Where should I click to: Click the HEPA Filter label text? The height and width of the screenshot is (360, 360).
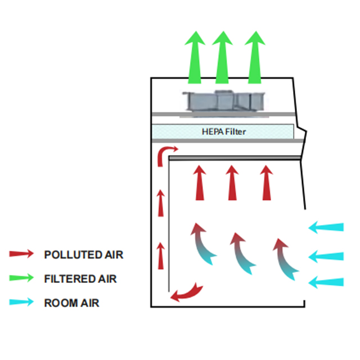pyautogui.click(x=223, y=132)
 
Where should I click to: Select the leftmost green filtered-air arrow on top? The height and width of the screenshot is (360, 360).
pyautogui.click(x=195, y=56)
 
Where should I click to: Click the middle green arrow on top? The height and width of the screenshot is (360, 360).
pyautogui.click(x=223, y=56)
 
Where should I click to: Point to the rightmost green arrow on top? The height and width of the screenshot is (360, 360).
pyautogui.click(x=255, y=56)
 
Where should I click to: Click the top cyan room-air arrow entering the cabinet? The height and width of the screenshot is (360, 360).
pyautogui.click(x=326, y=228)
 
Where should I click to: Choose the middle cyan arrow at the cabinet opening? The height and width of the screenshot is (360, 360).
pyautogui.click(x=326, y=256)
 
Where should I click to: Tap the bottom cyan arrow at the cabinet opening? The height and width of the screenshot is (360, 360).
pyautogui.click(x=326, y=281)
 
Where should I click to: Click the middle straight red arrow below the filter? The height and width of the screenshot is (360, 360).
pyautogui.click(x=232, y=183)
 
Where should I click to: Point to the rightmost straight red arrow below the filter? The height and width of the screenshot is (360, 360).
pyautogui.click(x=267, y=183)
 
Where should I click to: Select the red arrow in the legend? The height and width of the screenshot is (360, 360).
pyautogui.click(x=21, y=254)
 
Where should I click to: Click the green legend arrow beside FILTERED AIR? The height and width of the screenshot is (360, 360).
pyautogui.click(x=21, y=278)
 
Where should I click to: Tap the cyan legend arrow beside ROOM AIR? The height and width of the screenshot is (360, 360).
pyautogui.click(x=21, y=303)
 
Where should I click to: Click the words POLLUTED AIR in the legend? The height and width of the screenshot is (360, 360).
pyautogui.click(x=83, y=255)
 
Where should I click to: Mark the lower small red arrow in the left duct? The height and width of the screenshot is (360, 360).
pyautogui.click(x=161, y=254)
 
